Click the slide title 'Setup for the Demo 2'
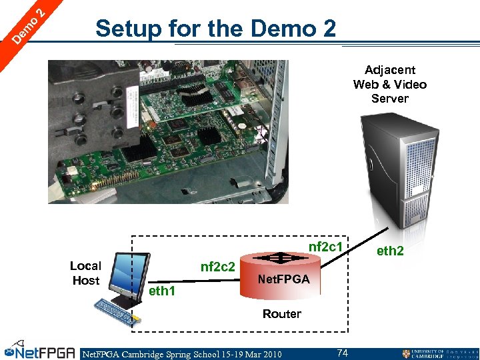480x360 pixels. pyautogui.click(x=216, y=29)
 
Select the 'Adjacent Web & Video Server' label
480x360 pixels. pyautogui.click(x=389, y=84)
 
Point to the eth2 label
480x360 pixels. pyautogui.click(x=390, y=251)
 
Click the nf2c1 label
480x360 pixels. pyautogui.click(x=325, y=247)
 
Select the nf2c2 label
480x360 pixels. pyautogui.click(x=218, y=267)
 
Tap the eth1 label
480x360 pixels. pyautogui.click(x=162, y=291)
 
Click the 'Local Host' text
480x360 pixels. pyautogui.click(x=85, y=273)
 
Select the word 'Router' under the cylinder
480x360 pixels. pyautogui.click(x=281, y=313)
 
